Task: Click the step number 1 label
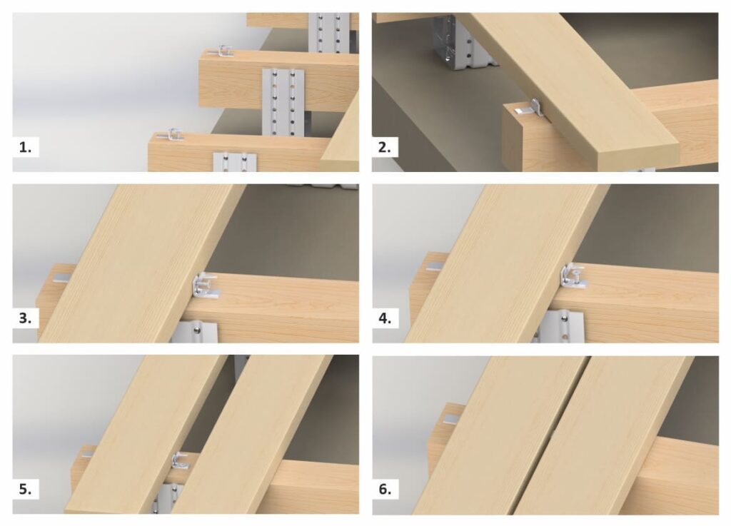[x=25, y=147]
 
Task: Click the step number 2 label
[x=385, y=147]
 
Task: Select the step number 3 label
[x=25, y=318]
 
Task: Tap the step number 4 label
[x=385, y=318]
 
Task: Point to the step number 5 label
[x=25, y=489]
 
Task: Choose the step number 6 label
[x=385, y=489]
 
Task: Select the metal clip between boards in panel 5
[x=181, y=461]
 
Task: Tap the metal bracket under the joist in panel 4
[x=560, y=327]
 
